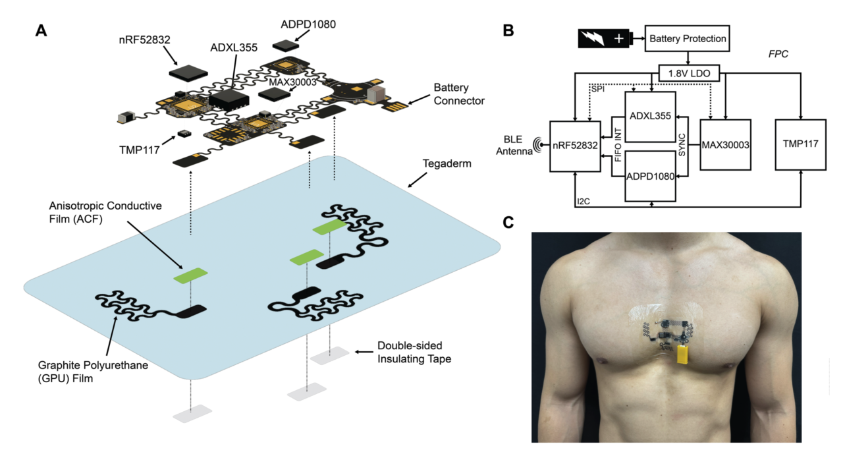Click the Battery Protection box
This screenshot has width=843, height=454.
click(688, 38)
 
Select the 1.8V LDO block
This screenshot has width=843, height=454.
click(688, 72)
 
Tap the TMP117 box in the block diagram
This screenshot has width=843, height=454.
click(802, 144)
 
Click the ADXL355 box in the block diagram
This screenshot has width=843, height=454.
click(651, 117)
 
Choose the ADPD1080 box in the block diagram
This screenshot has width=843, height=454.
click(651, 177)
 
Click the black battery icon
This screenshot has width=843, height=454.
click(605, 38)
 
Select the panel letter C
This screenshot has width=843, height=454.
click(508, 222)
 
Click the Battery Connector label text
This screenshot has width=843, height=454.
click(458, 94)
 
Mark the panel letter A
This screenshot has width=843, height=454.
click(40, 31)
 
